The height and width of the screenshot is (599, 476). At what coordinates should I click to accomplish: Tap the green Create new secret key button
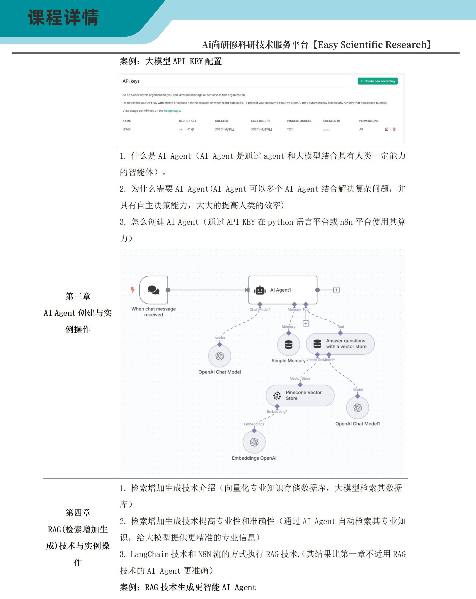point(378,81)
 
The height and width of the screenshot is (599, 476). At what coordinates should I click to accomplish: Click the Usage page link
point(172,111)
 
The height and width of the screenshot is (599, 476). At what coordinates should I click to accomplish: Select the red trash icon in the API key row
point(394,129)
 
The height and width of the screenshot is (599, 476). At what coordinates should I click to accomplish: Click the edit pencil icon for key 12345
point(386,129)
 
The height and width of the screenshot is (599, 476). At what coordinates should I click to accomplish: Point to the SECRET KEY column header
point(187,121)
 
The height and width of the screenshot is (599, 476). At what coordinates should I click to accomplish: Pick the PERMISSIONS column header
point(369,121)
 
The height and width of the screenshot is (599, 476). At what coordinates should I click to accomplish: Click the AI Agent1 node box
point(283,290)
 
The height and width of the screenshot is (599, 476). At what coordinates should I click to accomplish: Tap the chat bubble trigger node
point(153,290)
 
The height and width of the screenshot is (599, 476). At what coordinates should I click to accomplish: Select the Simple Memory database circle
point(289,344)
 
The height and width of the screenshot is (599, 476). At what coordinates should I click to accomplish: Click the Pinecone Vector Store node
point(300,395)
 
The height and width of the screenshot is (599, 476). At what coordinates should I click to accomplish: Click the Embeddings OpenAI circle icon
point(254,442)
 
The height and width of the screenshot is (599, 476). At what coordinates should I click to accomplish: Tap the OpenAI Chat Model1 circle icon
point(358,408)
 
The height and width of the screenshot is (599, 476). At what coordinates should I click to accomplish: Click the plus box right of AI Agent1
point(337,290)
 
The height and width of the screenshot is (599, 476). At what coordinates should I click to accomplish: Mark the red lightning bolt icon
point(133,290)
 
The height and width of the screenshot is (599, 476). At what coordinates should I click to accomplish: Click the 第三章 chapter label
point(78,296)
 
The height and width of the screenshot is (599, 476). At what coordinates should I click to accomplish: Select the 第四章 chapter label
point(78,513)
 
